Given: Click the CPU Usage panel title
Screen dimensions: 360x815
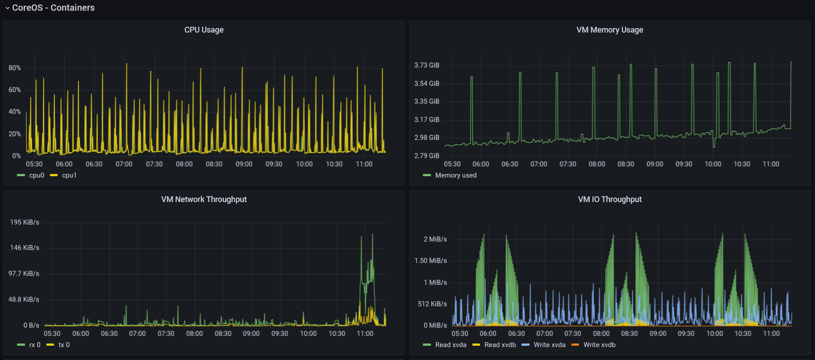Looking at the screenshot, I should click(204, 30).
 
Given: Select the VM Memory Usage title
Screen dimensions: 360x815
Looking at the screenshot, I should click(609, 30).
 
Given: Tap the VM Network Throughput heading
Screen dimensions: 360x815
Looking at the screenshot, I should click(204, 199).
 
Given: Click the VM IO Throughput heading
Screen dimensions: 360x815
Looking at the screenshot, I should click(609, 199).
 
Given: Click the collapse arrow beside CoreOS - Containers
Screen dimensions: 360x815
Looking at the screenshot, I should click(7, 8).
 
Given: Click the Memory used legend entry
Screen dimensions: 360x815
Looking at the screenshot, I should click(455, 175).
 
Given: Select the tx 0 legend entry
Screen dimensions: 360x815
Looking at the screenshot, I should click(64, 345).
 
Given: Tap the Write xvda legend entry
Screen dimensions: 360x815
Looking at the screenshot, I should click(549, 345).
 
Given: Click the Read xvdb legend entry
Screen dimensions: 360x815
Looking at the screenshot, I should click(500, 345).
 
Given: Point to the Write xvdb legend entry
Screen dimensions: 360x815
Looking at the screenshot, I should click(599, 345).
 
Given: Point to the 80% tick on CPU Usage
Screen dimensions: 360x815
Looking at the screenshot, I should click(15, 68).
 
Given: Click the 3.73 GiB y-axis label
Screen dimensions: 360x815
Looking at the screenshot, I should click(426, 65).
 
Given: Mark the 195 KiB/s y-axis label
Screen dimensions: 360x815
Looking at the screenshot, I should click(25, 222).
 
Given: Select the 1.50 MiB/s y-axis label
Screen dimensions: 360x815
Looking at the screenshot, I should click(430, 261).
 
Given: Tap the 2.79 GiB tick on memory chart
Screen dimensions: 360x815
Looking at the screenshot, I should click(426, 156).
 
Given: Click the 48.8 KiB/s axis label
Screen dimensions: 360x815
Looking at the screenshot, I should click(24, 299).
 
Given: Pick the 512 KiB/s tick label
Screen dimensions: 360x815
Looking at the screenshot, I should click(432, 304).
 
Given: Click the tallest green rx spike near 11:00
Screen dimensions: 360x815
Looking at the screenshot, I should click(372, 235).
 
